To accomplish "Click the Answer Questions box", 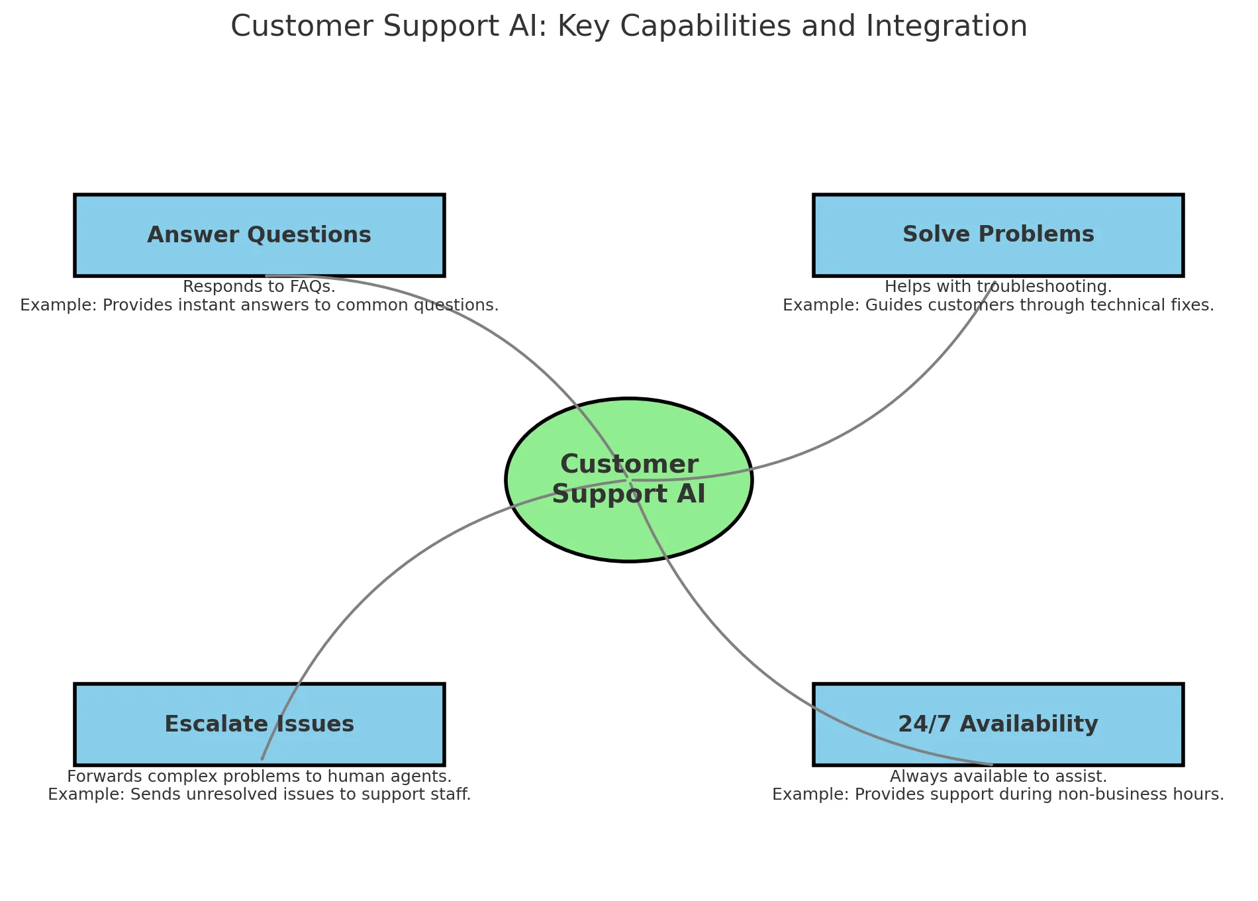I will tap(259, 235).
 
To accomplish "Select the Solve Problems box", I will tap(998, 235).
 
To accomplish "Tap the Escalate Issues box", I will tap(259, 724).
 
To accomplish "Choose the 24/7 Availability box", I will tap(998, 724).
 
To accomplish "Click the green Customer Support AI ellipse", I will tap(629, 530).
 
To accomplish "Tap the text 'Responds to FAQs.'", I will tap(259, 287).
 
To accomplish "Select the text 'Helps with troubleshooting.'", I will tap(998, 287).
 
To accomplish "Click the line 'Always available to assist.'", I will tap(998, 776).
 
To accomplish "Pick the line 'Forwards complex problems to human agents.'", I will tap(259, 776).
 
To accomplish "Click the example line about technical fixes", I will tap(998, 305).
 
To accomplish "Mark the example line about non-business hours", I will tap(998, 794).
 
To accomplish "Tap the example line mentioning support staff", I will tap(259, 794).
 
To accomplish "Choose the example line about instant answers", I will tap(259, 305).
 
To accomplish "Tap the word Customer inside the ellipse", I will tap(629, 464).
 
